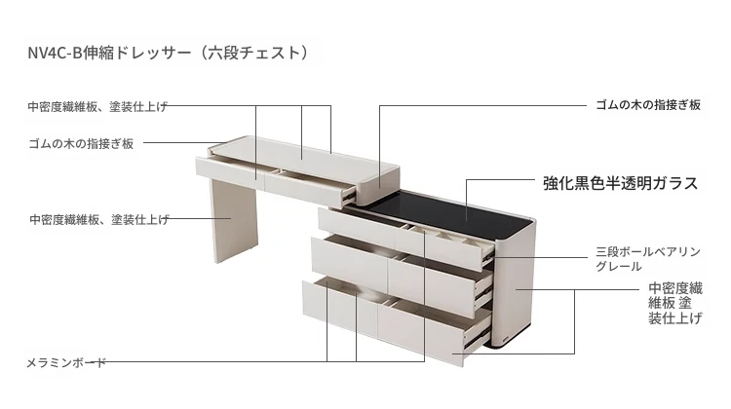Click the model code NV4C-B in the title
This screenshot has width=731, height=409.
(55, 53)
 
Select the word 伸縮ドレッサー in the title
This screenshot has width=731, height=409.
(137, 53)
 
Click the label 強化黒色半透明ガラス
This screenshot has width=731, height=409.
(621, 183)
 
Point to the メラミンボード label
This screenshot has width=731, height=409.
(66, 362)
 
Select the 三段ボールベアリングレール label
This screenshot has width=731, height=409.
(648, 259)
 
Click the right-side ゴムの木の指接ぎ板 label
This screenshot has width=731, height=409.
(648, 105)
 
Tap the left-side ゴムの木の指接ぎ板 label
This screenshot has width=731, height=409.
(81, 143)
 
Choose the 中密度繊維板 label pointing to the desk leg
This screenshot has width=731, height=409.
(99, 219)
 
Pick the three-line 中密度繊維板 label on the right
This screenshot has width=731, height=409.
(675, 303)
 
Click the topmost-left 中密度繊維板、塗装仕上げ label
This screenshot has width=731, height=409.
(97, 107)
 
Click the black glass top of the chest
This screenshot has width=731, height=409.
(454, 215)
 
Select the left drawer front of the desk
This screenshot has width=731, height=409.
(230, 170)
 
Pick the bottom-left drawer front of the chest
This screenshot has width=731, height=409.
(340, 306)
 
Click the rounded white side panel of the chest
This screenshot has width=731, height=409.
(513, 289)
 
